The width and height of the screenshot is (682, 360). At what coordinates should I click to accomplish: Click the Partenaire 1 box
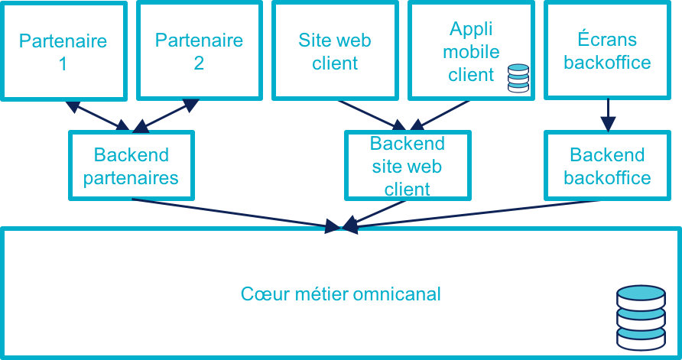coord(63,50)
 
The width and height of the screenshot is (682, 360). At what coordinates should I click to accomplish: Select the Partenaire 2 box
coord(200,50)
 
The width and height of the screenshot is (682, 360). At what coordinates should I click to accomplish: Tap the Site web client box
coord(335,50)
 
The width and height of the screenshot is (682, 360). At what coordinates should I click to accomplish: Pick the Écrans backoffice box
coord(607,50)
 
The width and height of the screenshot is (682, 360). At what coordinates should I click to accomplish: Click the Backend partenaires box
coord(132,166)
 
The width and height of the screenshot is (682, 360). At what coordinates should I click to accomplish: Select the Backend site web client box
coord(407,166)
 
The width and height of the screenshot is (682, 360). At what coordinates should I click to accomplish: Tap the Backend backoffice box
coord(607,166)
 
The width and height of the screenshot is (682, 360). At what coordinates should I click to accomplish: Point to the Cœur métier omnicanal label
coord(341,294)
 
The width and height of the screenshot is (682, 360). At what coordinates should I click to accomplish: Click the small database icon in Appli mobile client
coord(518,79)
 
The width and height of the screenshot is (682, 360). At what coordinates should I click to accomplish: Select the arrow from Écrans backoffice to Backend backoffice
coord(608,115)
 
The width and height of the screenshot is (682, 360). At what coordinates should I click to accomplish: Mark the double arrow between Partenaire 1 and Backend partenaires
coord(97,115)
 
